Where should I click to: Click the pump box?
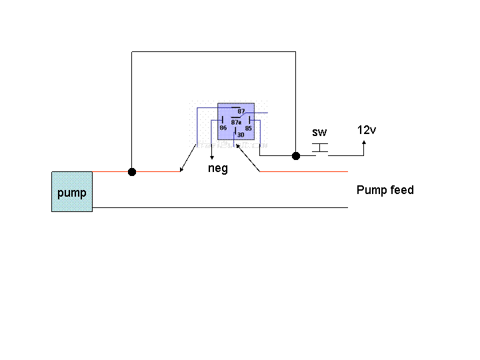point(72,191)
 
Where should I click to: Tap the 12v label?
point(367,130)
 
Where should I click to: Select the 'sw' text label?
point(319,133)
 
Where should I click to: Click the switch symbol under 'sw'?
point(320,147)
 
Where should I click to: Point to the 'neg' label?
point(217,169)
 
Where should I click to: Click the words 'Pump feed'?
point(385,190)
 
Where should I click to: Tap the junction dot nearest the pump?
point(132,172)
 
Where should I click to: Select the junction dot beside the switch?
point(295,156)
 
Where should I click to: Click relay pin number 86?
point(223,127)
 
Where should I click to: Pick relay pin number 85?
point(248,127)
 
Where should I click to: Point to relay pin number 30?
point(240,134)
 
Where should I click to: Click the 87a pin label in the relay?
point(236,122)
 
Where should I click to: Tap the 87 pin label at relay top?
point(241,111)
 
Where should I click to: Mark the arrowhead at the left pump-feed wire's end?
point(181,171)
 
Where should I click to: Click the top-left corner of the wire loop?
point(132,51)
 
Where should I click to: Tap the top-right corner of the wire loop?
point(295,51)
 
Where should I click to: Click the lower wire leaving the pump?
point(220,207)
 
